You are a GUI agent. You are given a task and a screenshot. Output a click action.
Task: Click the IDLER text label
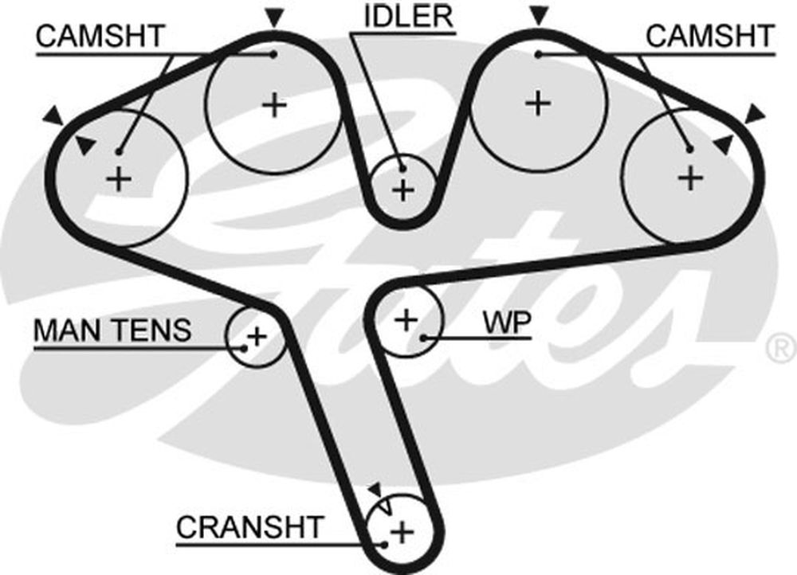(x=409, y=16)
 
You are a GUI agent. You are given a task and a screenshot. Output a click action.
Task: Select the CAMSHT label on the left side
(x=100, y=36)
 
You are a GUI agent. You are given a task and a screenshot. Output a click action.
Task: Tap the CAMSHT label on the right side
(x=710, y=36)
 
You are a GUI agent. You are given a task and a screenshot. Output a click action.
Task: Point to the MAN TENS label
(x=112, y=331)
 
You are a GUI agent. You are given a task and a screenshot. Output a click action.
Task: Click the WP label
(x=507, y=322)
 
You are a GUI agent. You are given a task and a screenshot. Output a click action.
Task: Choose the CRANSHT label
(x=250, y=527)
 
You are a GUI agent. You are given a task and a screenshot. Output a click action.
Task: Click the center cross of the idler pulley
(x=404, y=190)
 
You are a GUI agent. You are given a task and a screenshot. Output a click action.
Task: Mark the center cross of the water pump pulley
(x=406, y=320)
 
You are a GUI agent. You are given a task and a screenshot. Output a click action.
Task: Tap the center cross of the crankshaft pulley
(x=402, y=533)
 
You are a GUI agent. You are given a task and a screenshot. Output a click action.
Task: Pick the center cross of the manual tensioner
(x=257, y=336)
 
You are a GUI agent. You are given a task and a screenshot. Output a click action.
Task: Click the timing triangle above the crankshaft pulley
(x=376, y=490)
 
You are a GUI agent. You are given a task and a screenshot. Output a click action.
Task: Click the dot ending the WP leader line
(x=423, y=338)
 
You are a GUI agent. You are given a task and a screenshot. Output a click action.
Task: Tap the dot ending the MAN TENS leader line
(x=244, y=349)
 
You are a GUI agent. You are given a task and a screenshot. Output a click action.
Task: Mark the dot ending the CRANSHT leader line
(x=385, y=545)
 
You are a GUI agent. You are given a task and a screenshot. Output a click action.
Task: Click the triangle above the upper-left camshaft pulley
(x=274, y=18)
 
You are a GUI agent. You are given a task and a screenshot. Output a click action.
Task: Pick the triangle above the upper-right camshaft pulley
(x=539, y=16)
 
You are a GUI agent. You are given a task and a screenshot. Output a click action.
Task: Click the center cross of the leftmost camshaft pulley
(x=119, y=179)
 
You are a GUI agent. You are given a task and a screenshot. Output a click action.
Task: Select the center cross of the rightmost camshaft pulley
(x=691, y=178)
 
